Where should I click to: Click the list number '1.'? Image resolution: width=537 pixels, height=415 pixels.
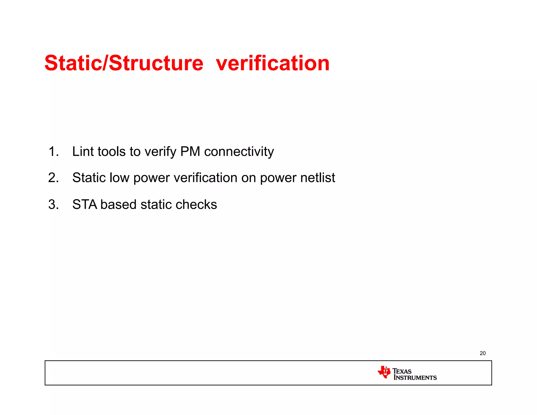point(53,152)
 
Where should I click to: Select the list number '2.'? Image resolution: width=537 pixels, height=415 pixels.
point(53,178)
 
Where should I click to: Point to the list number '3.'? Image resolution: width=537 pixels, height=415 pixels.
point(53,204)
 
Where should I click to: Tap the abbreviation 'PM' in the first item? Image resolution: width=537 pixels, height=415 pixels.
point(190,152)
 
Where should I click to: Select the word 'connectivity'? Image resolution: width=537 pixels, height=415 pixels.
point(239,152)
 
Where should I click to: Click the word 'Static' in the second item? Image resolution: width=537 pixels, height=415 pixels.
point(89,178)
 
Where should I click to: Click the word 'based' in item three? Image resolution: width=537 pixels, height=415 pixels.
point(118,204)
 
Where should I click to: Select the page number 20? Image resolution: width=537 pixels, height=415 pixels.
point(482,353)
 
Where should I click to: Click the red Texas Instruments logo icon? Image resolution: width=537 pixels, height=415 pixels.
point(384,372)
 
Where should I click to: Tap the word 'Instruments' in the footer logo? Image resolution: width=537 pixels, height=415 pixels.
point(415,378)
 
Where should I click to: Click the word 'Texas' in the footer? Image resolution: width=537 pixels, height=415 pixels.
point(402,371)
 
